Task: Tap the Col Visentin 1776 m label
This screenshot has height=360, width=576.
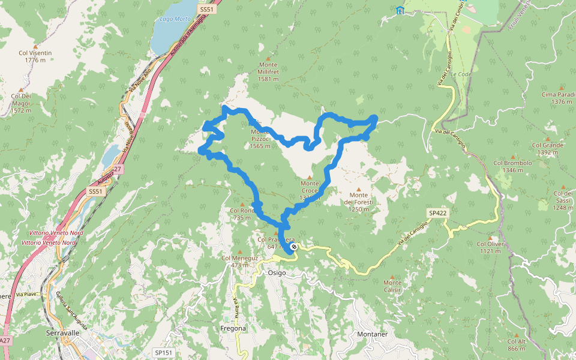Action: [35, 56]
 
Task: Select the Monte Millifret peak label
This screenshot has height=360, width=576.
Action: [268, 71]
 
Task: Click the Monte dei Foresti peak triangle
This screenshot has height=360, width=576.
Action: [359, 190]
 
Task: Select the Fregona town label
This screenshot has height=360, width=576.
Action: [233, 328]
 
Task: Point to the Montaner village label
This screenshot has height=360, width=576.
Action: [373, 334]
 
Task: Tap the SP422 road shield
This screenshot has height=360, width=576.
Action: [439, 213]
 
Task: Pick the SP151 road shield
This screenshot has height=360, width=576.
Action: [163, 352]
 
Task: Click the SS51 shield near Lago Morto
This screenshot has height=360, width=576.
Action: [206, 10]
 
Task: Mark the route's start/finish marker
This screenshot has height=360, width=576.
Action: [293, 247]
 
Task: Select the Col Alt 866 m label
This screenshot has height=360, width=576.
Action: [516, 344]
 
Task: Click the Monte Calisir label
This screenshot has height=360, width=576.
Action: [392, 286]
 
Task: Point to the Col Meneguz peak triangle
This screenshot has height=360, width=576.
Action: [240, 251]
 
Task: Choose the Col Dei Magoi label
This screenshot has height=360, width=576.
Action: [21, 103]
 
